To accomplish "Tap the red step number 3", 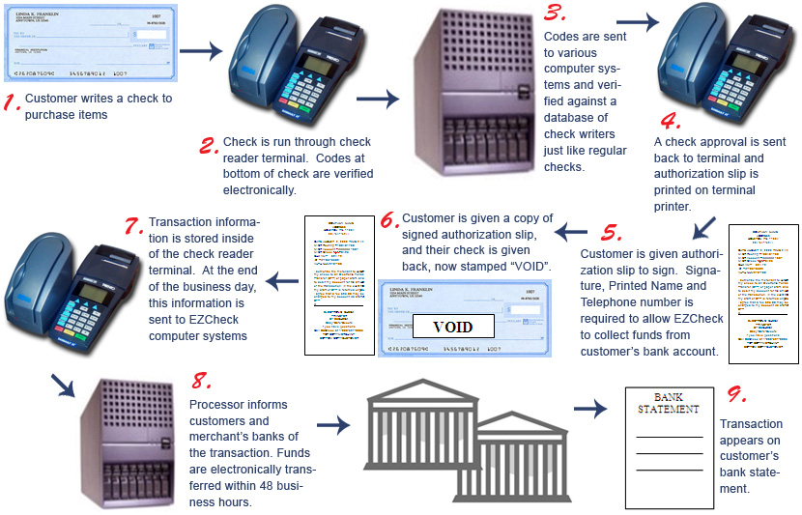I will tap(555, 14).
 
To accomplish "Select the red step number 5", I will tap(610, 233).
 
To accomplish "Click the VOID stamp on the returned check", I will tap(453, 327).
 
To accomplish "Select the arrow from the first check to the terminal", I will tap(201, 52).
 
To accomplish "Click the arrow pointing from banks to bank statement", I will tap(589, 410).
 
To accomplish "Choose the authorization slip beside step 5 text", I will tap(762, 294).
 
